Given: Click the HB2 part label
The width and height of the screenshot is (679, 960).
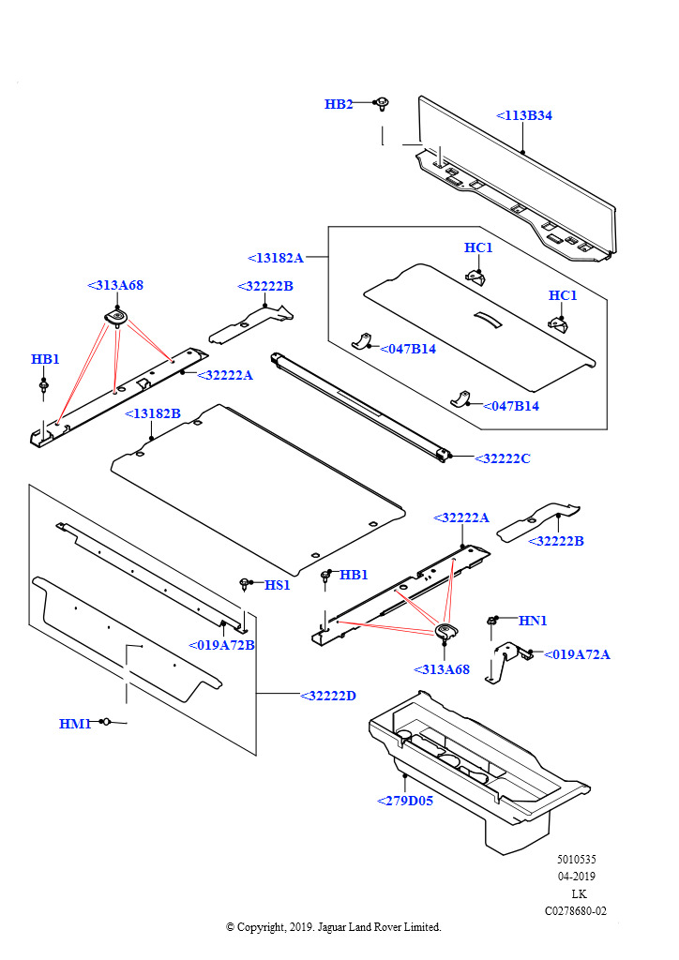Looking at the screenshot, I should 339,104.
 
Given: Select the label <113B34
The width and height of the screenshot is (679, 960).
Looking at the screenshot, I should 524,116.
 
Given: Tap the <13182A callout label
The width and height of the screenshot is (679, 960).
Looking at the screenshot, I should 276,258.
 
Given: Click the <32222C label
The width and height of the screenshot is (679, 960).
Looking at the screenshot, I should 503,458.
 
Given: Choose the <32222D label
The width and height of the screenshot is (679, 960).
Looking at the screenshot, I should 328,696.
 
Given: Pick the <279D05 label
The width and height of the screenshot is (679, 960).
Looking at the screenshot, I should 405,801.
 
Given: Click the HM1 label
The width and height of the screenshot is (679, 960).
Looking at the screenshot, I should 74,724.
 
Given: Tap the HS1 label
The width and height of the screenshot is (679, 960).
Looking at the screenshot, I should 278,585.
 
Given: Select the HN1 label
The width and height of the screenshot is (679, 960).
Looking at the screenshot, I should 533,621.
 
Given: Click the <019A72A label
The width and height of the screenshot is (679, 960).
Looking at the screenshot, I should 577,654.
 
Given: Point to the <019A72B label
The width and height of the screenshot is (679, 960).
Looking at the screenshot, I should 221,645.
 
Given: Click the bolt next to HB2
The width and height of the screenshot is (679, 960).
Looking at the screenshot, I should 383,103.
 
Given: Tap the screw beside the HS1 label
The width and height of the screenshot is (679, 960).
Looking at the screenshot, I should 245,585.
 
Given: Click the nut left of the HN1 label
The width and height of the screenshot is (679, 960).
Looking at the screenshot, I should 490,621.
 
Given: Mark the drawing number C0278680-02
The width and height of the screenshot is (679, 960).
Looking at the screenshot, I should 576,910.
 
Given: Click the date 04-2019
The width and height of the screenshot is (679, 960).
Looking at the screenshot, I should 576,877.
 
